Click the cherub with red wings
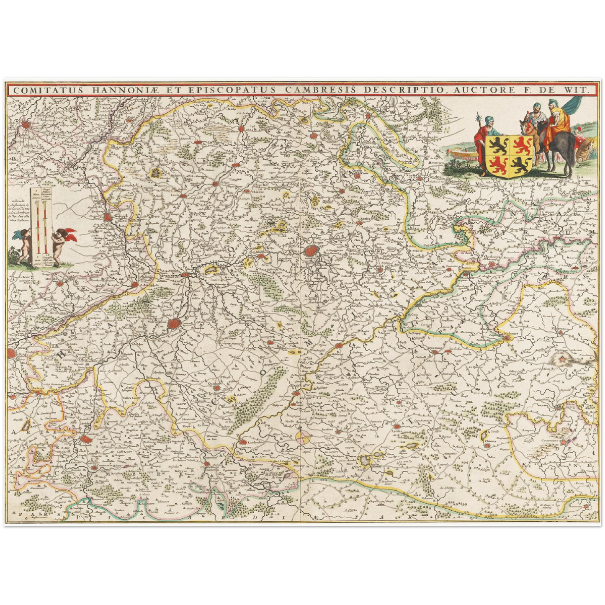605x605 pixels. click(x=63, y=247)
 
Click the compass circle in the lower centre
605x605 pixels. click(x=303, y=437)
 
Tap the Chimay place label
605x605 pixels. click(x=486, y=440)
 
